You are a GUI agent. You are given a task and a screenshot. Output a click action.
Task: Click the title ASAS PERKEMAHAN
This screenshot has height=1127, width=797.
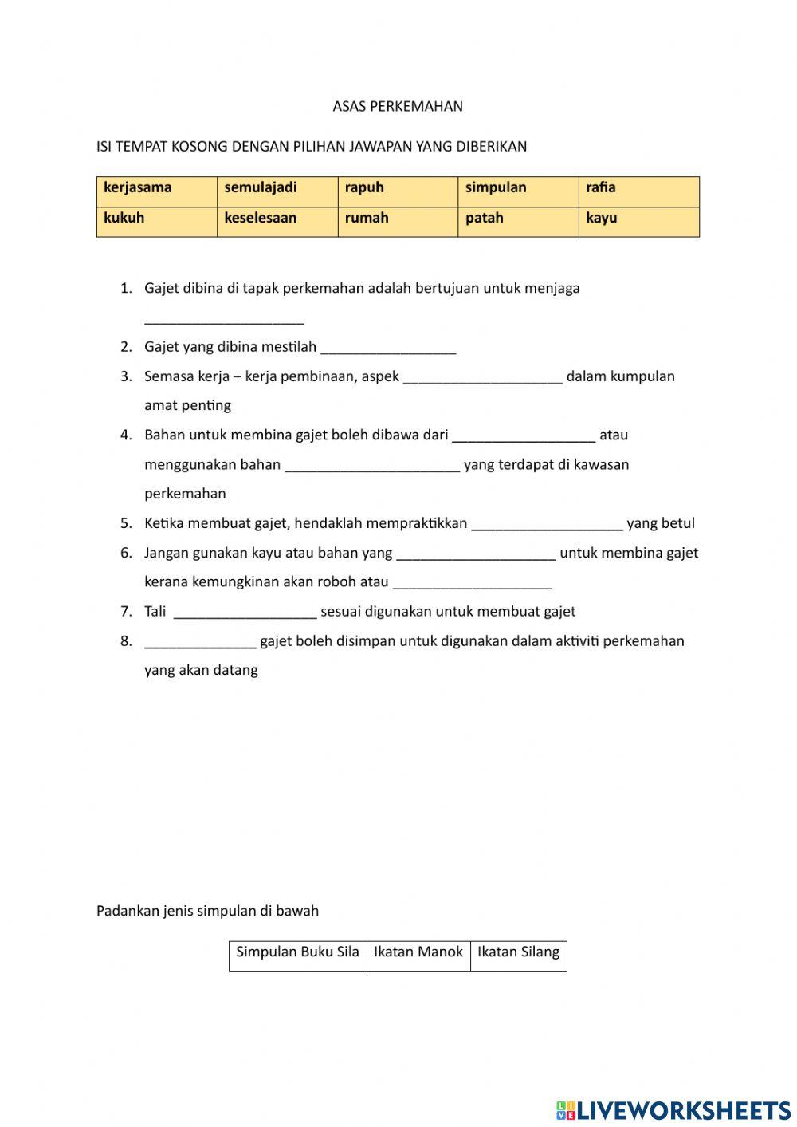click(398, 106)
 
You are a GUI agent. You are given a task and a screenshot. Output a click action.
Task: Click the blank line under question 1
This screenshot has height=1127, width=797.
click(224, 318)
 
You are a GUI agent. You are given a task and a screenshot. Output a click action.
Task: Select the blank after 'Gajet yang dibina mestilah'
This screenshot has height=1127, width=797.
click(388, 348)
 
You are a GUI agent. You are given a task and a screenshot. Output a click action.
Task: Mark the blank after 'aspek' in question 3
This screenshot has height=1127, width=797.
click(483, 377)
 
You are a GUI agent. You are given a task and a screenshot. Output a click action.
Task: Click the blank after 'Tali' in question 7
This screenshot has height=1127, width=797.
click(245, 613)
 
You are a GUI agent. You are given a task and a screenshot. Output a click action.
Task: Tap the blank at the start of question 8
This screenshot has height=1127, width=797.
click(200, 642)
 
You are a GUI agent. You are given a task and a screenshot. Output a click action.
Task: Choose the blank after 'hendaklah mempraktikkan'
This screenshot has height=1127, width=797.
click(547, 524)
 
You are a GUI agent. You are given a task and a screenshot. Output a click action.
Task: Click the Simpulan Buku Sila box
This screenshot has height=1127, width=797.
click(298, 956)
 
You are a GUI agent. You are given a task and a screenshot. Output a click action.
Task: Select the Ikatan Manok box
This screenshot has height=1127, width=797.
click(418, 956)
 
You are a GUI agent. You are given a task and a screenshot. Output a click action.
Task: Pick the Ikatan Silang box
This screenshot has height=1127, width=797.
click(519, 956)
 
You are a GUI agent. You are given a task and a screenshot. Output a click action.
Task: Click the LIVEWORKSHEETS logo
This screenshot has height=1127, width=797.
click(673, 1109)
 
